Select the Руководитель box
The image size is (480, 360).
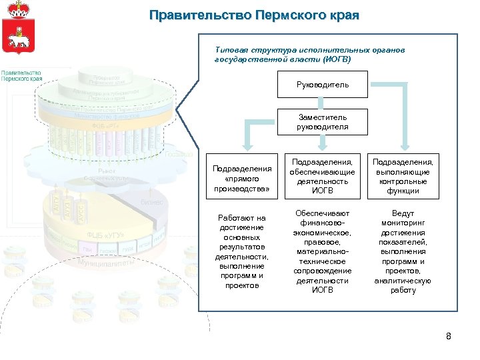(x=323, y=85)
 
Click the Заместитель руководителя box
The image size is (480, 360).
(x=323, y=122)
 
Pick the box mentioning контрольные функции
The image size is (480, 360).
(x=403, y=176)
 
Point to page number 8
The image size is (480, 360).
(x=449, y=336)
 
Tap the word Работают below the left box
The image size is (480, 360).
(x=233, y=218)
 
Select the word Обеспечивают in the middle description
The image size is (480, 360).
(x=323, y=213)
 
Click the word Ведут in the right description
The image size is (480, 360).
(x=403, y=213)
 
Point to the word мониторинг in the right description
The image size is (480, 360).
(x=403, y=223)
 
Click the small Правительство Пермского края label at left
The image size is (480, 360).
(x=21, y=75)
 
